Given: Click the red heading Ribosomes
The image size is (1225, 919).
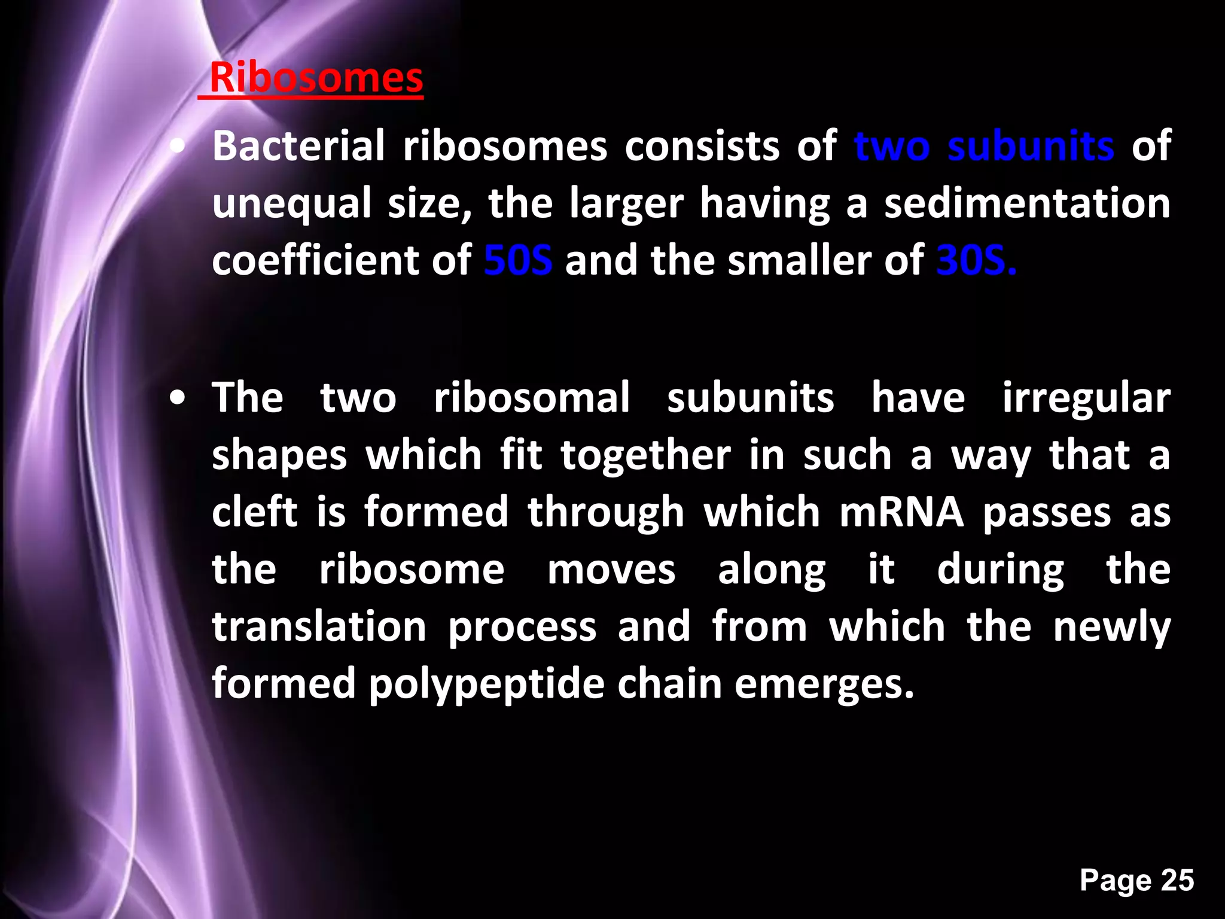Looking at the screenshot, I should pyautogui.click(x=316, y=78).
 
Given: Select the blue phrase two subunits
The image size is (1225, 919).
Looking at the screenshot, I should pyautogui.click(x=984, y=146).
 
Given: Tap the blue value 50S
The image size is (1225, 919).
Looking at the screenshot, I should pyautogui.click(x=518, y=261).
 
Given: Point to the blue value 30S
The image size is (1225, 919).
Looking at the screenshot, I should pyautogui.click(x=976, y=261).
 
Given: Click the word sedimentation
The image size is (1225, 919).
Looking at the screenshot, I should pyautogui.click(x=1027, y=203).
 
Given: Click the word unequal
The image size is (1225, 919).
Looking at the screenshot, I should pyautogui.click(x=292, y=203).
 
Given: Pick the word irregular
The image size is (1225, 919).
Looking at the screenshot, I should pyautogui.click(x=1086, y=398).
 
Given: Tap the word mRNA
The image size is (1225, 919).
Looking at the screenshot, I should pyautogui.click(x=901, y=513).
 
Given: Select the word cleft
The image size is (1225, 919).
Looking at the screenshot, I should pyautogui.click(x=255, y=513).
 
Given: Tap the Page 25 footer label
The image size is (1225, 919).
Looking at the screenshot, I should pyautogui.click(x=1136, y=881).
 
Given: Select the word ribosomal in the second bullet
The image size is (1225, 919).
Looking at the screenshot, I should pyautogui.click(x=532, y=398).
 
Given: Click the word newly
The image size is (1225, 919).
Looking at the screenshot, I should pyautogui.click(x=1111, y=628).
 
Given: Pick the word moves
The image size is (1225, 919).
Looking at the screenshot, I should pyautogui.click(x=611, y=570).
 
